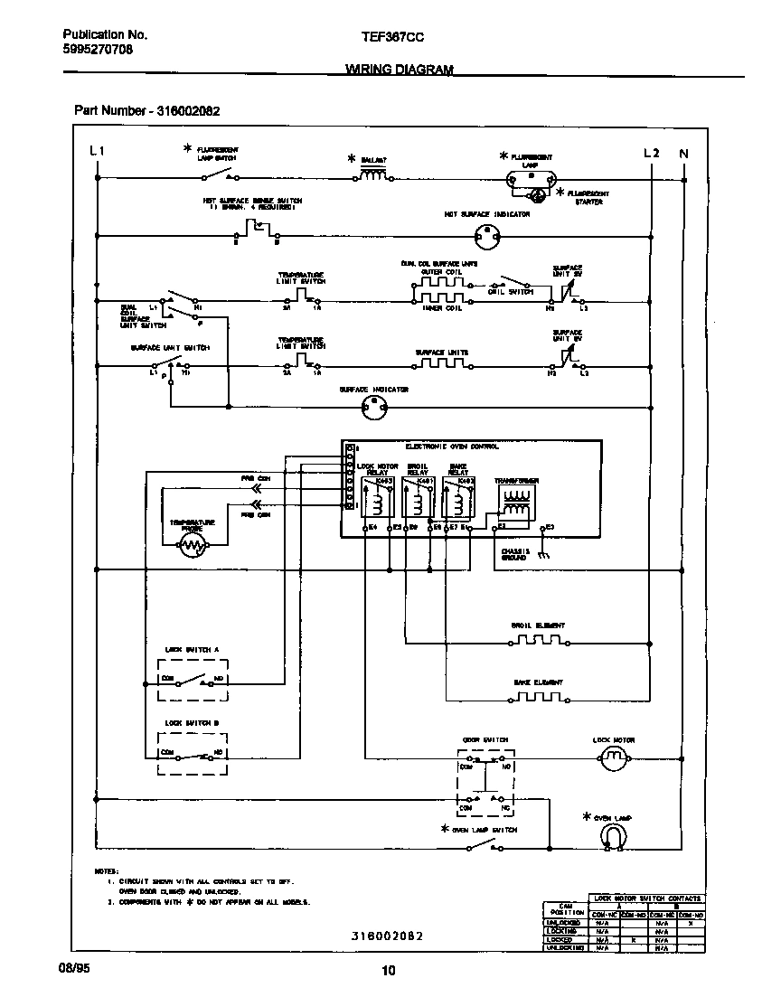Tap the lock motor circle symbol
point(614,761)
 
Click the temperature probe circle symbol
point(193,544)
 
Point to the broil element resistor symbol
point(538,642)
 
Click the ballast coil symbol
point(374,176)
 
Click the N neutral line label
point(683,153)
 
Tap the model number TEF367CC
point(392,35)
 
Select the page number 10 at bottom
point(389,972)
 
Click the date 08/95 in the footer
point(76,966)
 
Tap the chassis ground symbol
point(542,554)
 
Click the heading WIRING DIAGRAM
point(399,70)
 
